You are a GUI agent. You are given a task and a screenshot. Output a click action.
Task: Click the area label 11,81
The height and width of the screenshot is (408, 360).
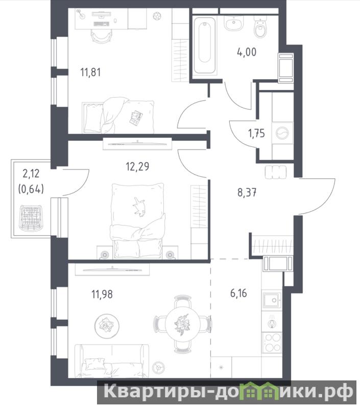click(x=90, y=72)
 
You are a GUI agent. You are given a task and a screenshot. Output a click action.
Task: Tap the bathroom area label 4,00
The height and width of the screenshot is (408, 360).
click(x=247, y=52)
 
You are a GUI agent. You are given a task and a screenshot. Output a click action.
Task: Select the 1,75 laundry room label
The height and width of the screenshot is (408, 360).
click(x=256, y=133)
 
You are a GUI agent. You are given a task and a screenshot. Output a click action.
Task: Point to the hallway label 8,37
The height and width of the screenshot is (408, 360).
click(x=247, y=193)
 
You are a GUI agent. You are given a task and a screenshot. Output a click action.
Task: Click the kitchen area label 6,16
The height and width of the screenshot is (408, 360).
click(x=239, y=293)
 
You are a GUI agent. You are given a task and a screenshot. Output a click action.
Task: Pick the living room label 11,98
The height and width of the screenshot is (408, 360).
click(x=102, y=294)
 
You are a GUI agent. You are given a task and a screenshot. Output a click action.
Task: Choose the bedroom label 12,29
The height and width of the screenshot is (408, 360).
click(x=137, y=166)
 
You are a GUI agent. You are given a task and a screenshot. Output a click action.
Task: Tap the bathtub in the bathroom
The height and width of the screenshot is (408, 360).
click(x=205, y=45)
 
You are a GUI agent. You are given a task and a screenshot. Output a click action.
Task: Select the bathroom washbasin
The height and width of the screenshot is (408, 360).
click(x=234, y=23)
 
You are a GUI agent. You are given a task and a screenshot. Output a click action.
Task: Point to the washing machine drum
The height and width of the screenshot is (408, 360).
click(x=282, y=133)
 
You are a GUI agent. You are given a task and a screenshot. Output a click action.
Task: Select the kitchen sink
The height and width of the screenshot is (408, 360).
click(x=272, y=300)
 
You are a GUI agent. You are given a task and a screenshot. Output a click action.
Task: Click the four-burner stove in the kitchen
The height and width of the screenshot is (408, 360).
click(x=272, y=343)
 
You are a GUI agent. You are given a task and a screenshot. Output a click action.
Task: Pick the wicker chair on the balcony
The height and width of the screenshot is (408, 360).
click(x=31, y=218)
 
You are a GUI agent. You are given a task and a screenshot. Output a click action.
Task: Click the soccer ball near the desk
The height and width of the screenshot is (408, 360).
click(x=157, y=16)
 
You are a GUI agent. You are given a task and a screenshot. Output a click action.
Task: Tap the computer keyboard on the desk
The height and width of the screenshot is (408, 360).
click(x=101, y=24)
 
